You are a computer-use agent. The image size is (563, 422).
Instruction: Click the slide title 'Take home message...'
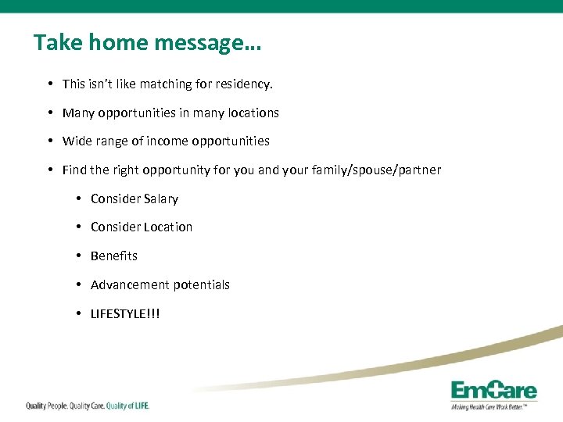point(147,43)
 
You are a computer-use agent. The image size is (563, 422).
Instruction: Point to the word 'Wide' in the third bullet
point(77,141)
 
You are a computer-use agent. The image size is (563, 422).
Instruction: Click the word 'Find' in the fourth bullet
point(74,170)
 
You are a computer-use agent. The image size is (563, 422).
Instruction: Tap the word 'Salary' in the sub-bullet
point(161,199)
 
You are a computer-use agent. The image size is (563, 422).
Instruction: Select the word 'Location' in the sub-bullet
point(167,227)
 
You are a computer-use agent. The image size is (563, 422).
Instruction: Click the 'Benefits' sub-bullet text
point(113,256)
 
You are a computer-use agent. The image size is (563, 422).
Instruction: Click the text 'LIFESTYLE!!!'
point(125,314)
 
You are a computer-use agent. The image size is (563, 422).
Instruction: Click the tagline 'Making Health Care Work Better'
point(493,407)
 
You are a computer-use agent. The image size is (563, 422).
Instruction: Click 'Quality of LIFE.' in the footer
point(127,406)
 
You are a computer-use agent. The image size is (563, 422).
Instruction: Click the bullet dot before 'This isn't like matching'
point(50,84)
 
